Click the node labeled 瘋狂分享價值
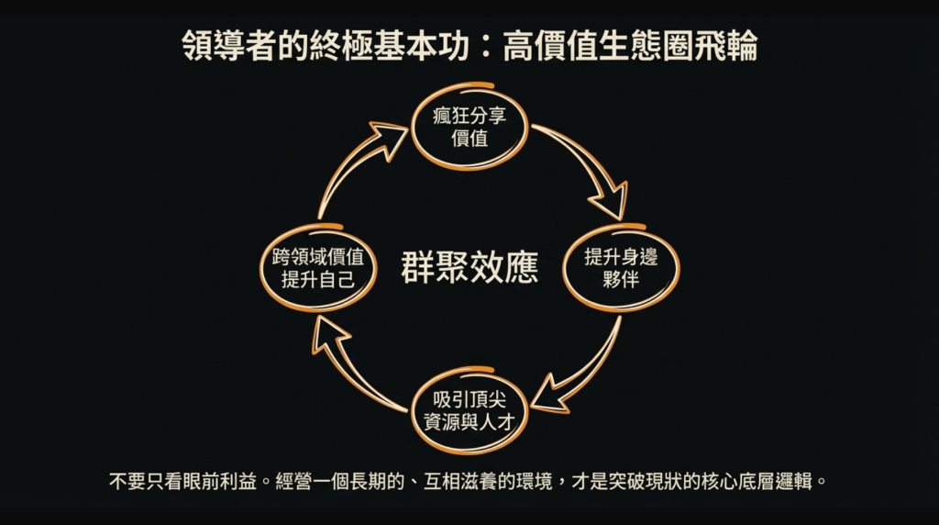click(470, 128)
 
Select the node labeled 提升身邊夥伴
click(621, 268)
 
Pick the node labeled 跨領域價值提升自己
click(317, 268)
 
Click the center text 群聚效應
click(469, 267)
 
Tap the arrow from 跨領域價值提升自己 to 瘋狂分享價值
click(353, 165)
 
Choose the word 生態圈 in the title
click(645, 46)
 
